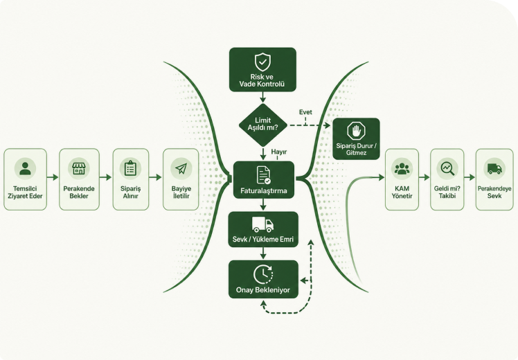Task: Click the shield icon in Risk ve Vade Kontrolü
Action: pyautogui.click(x=262, y=62)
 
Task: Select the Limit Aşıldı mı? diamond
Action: pyautogui.click(x=263, y=125)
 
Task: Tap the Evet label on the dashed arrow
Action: pyautogui.click(x=305, y=112)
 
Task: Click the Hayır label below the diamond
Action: pyautogui.click(x=279, y=152)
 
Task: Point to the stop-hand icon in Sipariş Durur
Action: pyautogui.click(x=356, y=131)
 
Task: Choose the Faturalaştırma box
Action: pyautogui.click(x=264, y=180)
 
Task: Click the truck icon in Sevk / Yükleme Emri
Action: pyautogui.click(x=262, y=224)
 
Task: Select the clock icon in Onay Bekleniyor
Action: pyautogui.click(x=263, y=275)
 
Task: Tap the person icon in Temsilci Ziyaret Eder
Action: pyautogui.click(x=25, y=168)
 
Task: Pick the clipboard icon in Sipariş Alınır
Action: pyautogui.click(x=130, y=168)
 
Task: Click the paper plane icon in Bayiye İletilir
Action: pyautogui.click(x=181, y=168)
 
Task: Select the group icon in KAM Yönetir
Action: pyautogui.click(x=402, y=168)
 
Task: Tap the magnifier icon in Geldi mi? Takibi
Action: pyautogui.click(x=447, y=168)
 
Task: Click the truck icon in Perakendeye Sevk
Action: pyautogui.click(x=494, y=168)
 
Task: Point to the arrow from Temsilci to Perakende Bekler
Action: pyautogui.click(x=53, y=177)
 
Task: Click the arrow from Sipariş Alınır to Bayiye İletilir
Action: pyautogui.click(x=155, y=177)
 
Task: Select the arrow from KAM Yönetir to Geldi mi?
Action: pyautogui.click(x=425, y=177)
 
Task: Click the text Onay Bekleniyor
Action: pyautogui.click(x=263, y=290)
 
